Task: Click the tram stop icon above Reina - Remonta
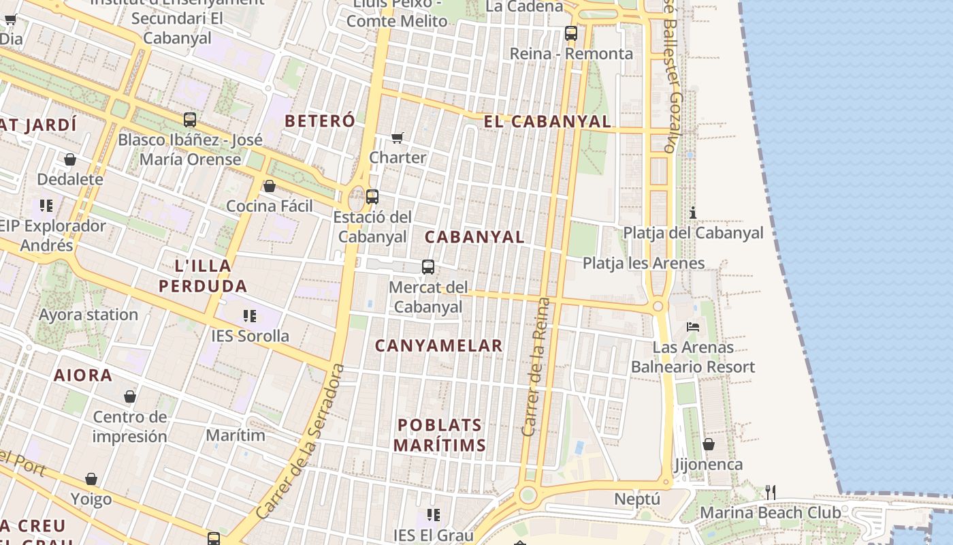(570, 33)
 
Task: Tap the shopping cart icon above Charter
(398, 138)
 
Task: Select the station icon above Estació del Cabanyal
(372, 197)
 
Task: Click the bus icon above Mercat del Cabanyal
(427, 267)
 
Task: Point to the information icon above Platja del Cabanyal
(693, 213)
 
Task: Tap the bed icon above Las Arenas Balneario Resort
(693, 327)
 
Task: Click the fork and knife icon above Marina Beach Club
(770, 492)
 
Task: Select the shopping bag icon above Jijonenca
(709, 444)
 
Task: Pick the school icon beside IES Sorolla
(250, 315)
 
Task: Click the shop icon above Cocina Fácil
(270, 186)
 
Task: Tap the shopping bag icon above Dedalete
(70, 159)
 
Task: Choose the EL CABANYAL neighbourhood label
(547, 122)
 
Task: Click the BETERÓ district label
(320, 121)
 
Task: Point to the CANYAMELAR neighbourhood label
(439, 346)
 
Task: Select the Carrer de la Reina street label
(535, 367)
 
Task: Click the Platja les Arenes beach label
(643, 263)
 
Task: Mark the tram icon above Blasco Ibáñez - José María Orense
(190, 120)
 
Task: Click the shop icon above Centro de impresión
(130, 396)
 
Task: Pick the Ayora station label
(88, 315)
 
